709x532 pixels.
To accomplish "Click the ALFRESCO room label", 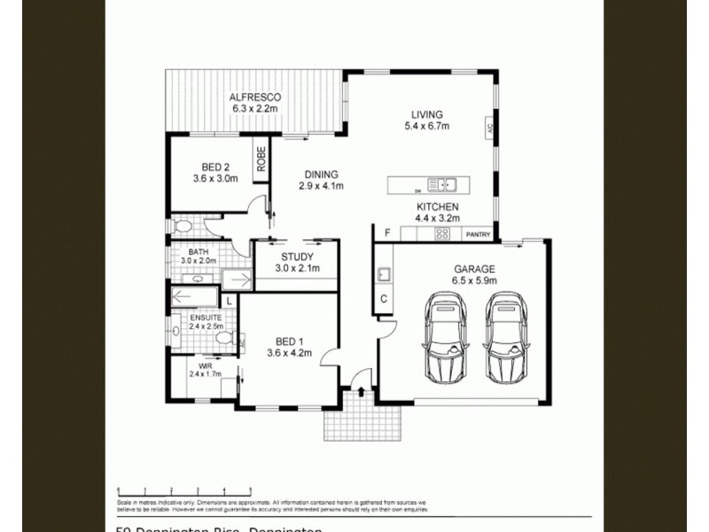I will [x=255, y=102].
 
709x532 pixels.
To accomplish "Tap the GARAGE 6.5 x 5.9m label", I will [x=475, y=274].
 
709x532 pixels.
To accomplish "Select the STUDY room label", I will [x=296, y=262].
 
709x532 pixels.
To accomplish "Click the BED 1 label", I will [x=290, y=347].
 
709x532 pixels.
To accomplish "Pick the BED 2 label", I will [x=215, y=172].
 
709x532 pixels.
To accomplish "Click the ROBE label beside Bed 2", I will [x=261, y=158].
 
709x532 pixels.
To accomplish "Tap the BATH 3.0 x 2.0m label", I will [x=199, y=256].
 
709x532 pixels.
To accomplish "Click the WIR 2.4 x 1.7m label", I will [x=205, y=370].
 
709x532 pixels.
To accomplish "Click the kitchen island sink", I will [x=440, y=185].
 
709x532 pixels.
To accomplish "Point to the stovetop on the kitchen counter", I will [x=440, y=234].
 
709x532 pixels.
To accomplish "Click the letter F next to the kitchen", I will [x=386, y=233].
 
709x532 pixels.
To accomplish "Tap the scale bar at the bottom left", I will [x=183, y=489].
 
